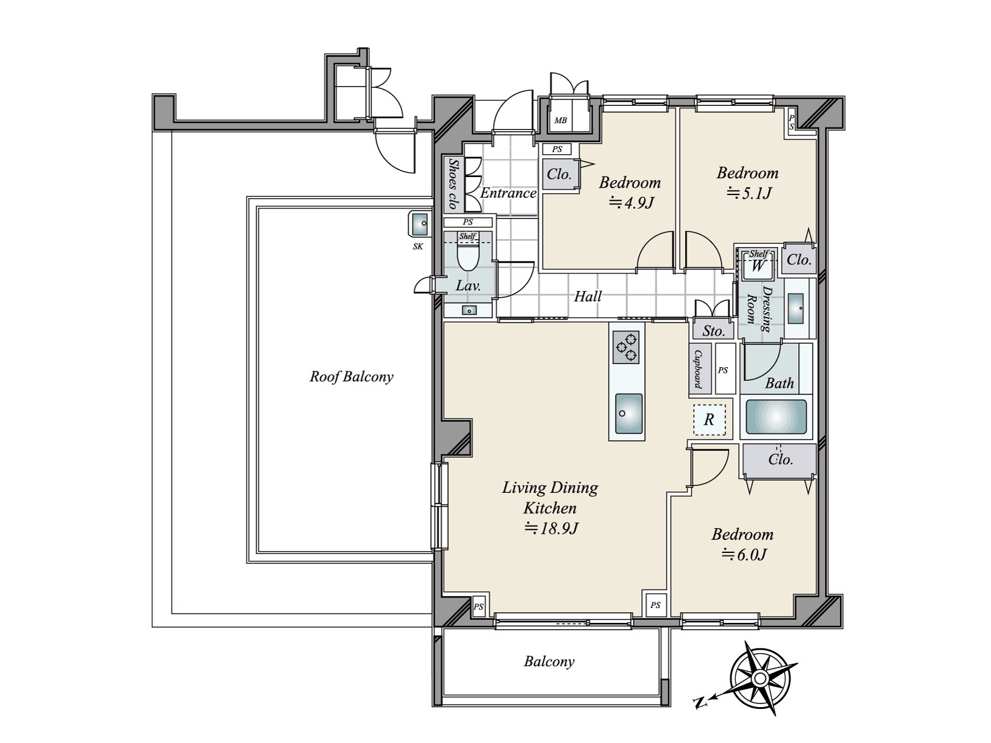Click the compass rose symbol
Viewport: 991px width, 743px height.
760,678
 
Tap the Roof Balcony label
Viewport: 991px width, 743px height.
351,376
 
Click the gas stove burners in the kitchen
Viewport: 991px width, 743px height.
626,347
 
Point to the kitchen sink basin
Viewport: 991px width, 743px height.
629,413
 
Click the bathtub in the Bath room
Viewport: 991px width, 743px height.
776,417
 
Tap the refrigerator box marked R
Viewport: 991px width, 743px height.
709,420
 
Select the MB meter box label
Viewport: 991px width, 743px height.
561,121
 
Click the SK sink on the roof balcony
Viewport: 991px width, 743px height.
419,224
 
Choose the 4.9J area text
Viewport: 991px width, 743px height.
631,203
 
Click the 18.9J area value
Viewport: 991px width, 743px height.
551,528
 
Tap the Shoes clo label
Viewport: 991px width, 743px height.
453,185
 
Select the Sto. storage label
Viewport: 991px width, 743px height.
714,331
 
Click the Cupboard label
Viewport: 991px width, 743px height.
699,369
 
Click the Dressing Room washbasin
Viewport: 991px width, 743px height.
795,308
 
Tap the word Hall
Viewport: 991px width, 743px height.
588,297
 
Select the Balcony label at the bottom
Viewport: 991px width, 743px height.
549,662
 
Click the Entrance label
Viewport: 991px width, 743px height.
509,194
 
